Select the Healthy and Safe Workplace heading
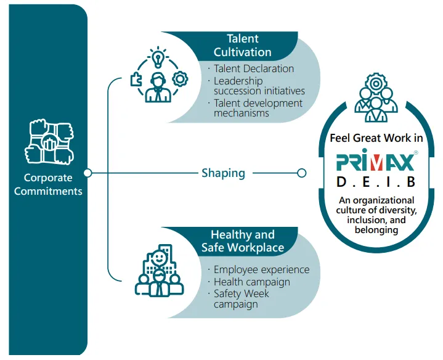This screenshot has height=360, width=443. point(242,241)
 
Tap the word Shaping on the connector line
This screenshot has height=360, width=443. point(223,173)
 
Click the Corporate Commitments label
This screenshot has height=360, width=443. point(48,184)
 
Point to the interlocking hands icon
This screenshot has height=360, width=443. point(49,142)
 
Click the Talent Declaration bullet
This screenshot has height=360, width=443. point(253,68)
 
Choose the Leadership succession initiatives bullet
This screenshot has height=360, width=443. point(258,86)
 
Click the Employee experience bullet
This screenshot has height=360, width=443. point(261,270)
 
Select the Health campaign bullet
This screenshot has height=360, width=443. point(251,282)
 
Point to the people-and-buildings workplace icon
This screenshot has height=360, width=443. point(159,272)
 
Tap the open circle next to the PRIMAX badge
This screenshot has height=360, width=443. point(301,173)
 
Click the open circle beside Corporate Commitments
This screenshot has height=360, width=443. point(87,173)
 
